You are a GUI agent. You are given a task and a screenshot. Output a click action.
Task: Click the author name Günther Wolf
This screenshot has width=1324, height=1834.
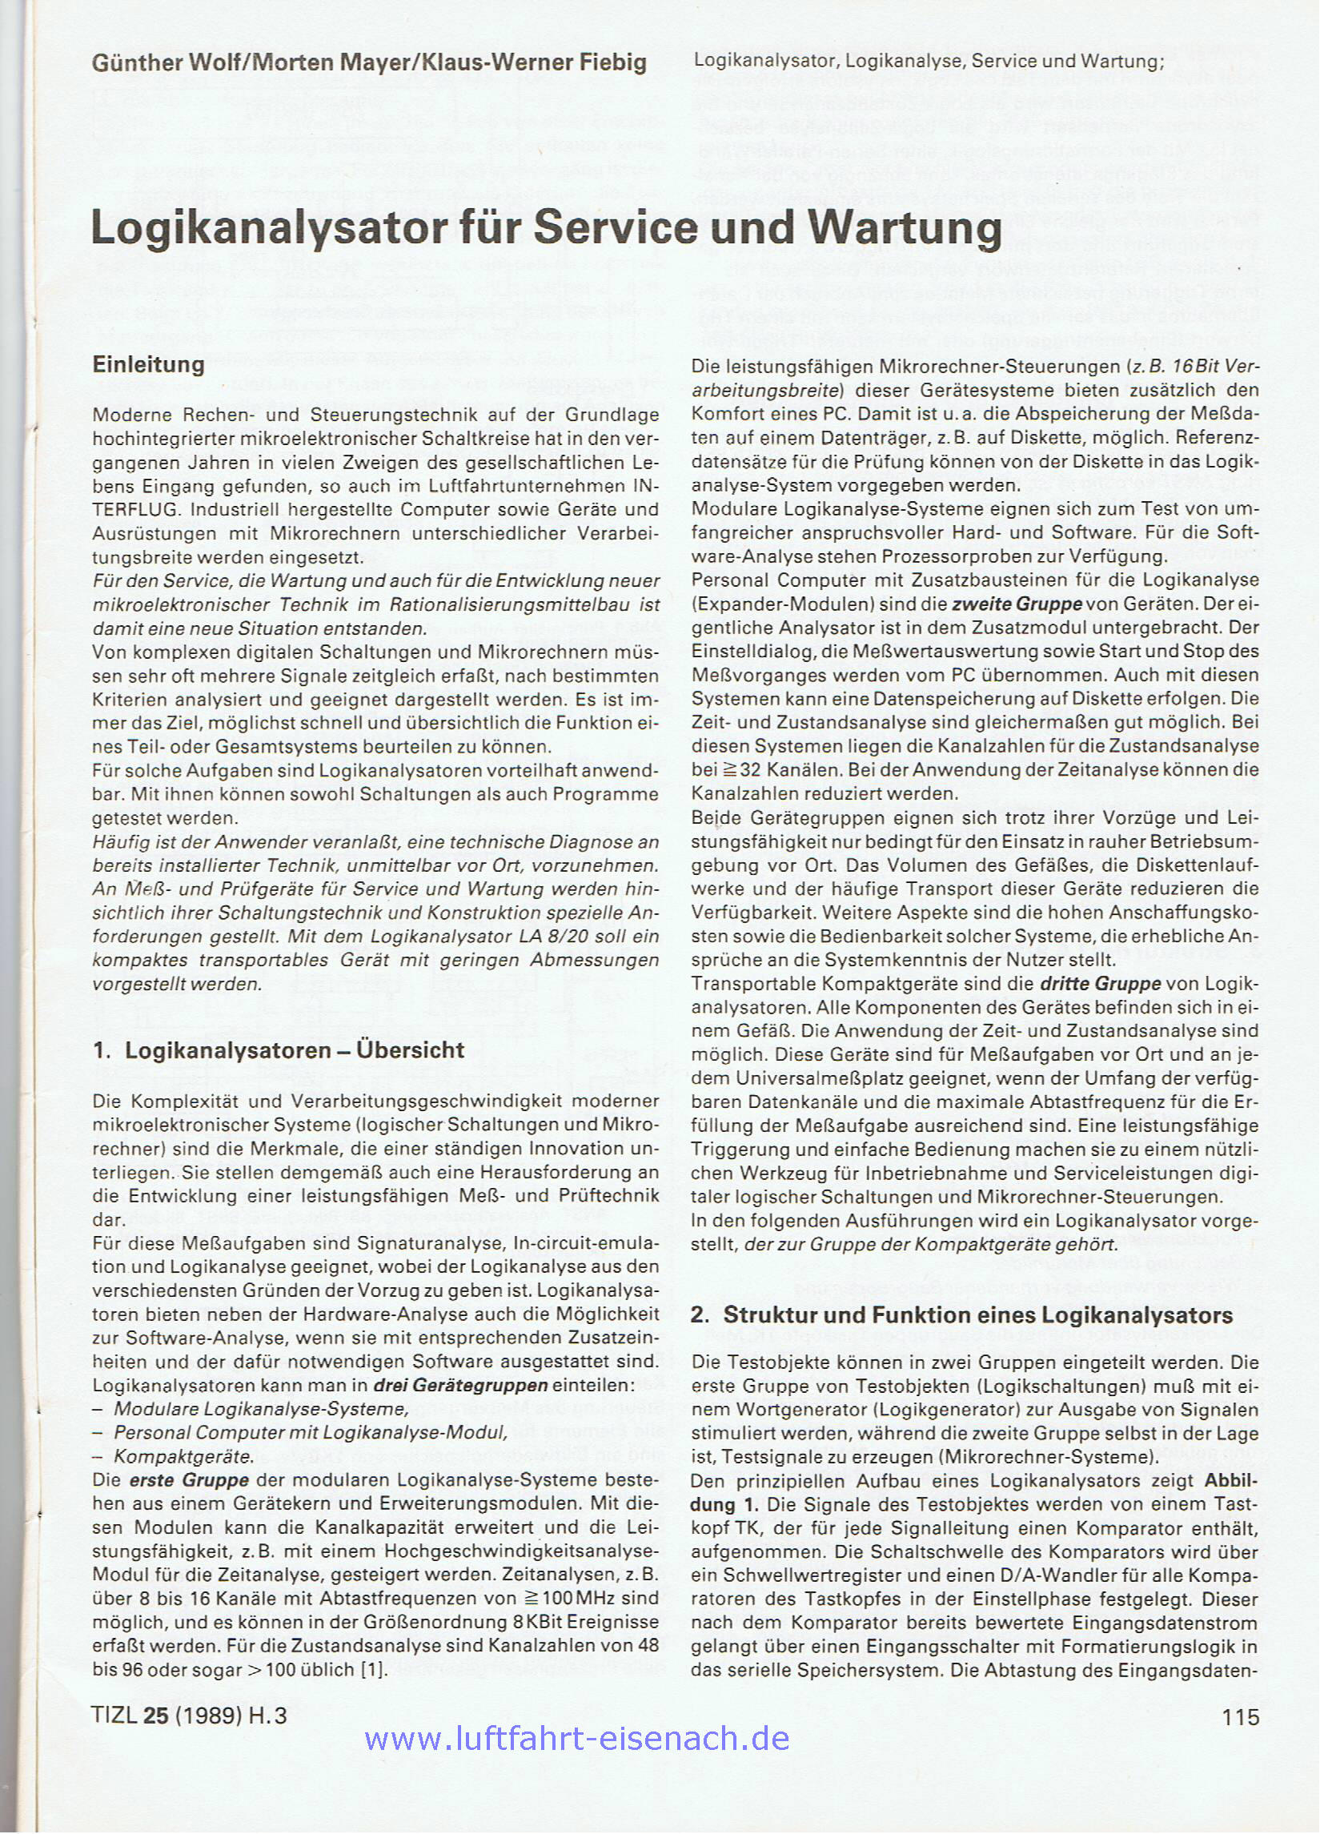(167, 63)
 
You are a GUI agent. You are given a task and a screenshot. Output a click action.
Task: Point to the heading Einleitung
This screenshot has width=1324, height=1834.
(148, 365)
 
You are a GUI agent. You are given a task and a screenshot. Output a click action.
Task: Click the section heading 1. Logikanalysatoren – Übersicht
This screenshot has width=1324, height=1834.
(279, 1050)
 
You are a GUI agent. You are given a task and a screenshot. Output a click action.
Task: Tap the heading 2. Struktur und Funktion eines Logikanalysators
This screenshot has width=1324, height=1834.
(961, 1314)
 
